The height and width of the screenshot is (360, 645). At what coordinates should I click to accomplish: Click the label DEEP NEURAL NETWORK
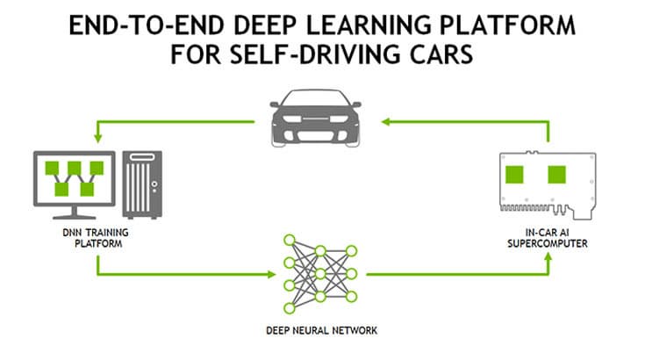pyautogui.click(x=321, y=331)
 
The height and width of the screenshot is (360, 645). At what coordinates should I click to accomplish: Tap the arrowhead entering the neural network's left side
pyautogui.click(x=267, y=275)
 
